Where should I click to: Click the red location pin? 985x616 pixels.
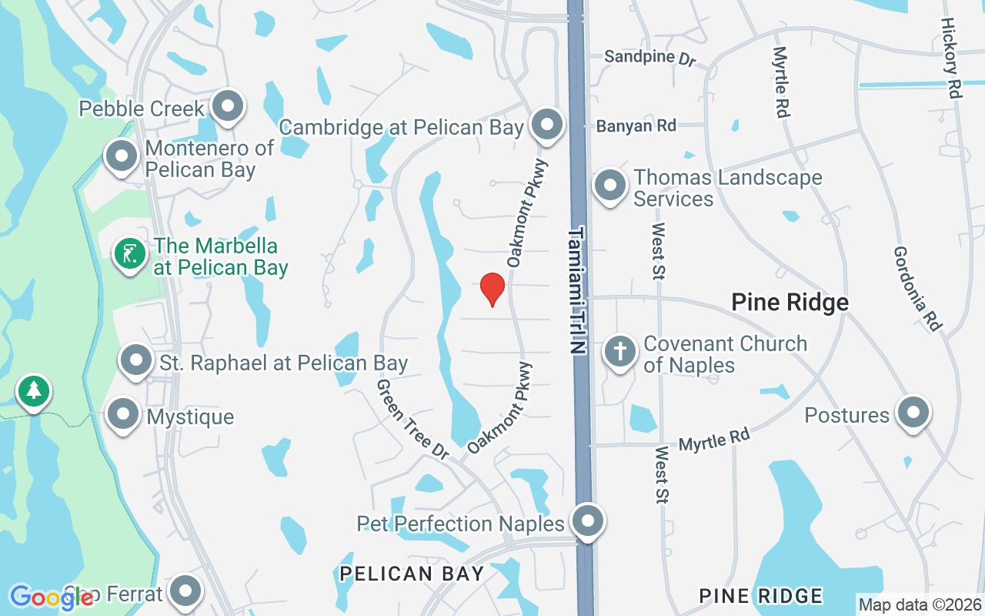click(492, 289)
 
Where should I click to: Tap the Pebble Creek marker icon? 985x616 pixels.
click(228, 107)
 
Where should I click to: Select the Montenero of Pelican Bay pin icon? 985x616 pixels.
click(121, 157)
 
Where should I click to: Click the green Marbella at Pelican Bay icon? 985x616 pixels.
click(130, 254)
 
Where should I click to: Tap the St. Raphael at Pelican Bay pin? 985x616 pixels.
click(137, 360)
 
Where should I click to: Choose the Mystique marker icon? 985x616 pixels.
click(123, 415)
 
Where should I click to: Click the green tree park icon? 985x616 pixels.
click(33, 391)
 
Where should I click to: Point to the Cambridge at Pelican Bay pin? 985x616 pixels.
click(547, 124)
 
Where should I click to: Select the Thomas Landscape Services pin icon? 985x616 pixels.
click(609, 186)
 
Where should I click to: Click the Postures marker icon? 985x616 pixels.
click(913, 413)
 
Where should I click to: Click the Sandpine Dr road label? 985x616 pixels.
click(649, 57)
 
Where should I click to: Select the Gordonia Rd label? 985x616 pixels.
click(918, 289)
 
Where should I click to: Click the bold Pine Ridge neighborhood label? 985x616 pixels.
click(790, 302)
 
